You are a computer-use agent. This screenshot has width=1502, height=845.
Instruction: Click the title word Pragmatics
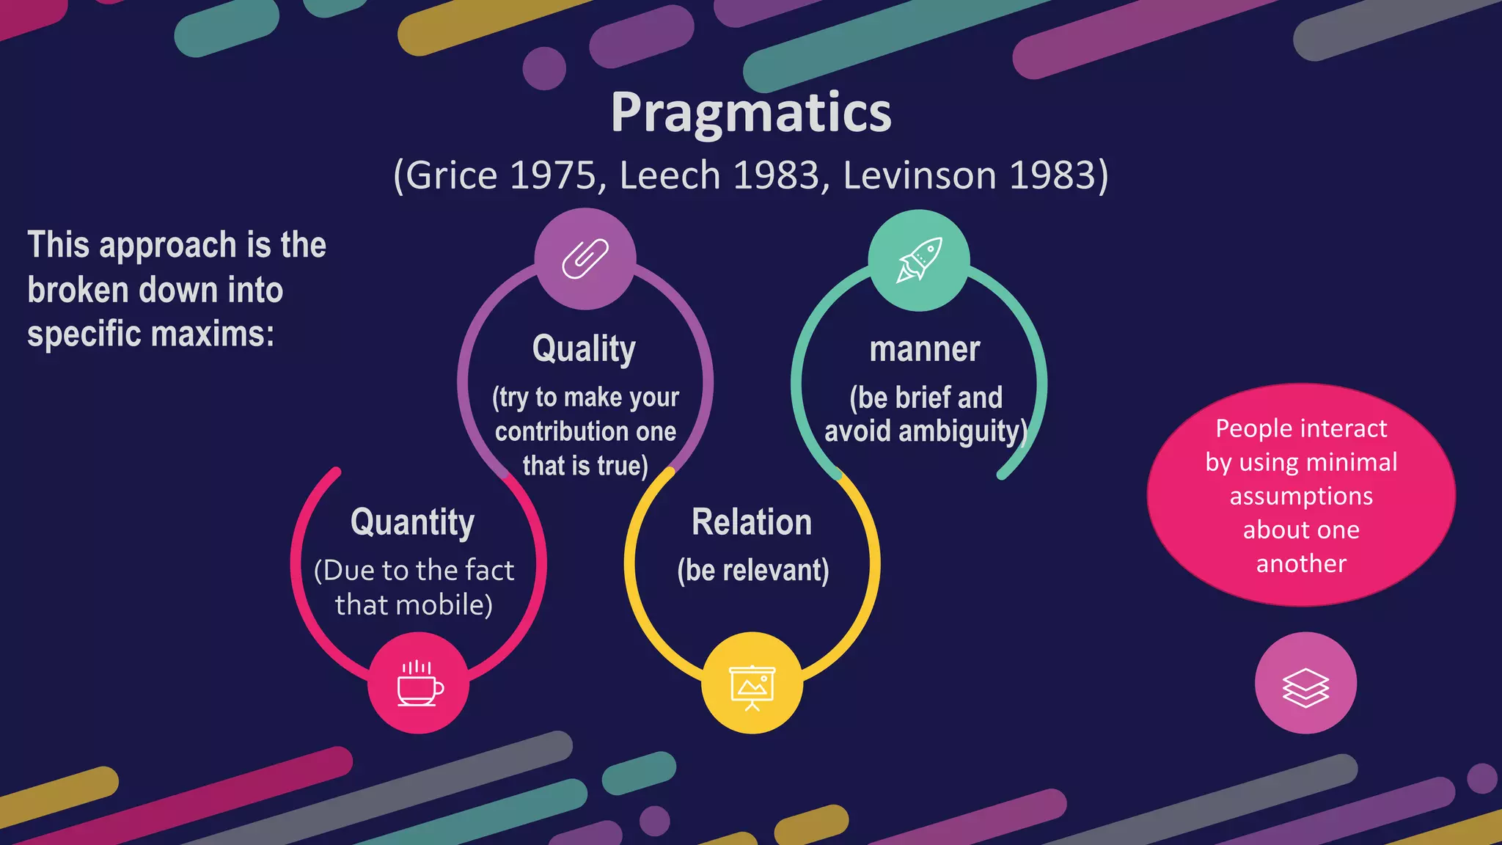pos(751,114)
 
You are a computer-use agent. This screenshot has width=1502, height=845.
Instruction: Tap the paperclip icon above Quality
pos(585,259)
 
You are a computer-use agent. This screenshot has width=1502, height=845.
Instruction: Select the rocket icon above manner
pos(919,260)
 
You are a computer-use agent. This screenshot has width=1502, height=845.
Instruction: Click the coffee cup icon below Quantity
pos(419,683)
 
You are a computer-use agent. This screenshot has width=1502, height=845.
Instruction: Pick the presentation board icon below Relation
pos(752,685)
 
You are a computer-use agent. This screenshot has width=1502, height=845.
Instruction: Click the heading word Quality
pos(584,349)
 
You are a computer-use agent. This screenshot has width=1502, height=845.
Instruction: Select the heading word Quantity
pos(412,523)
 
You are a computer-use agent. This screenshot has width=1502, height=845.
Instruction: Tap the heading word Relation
pos(752,523)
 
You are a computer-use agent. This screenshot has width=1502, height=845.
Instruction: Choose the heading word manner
pos(925,350)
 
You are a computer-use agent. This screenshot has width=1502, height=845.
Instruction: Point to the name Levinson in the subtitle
pos(920,176)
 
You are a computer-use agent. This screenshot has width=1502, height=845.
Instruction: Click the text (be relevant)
pos(753,571)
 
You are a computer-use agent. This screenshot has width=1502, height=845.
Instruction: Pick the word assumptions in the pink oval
pos(1301,497)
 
